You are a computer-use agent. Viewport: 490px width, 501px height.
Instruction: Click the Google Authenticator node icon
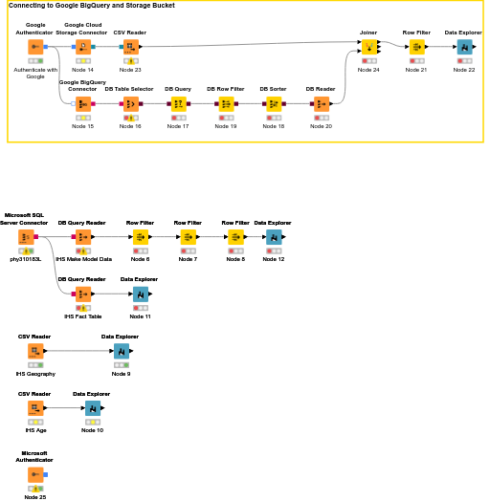34,46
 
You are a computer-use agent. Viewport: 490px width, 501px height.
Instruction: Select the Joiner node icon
368,46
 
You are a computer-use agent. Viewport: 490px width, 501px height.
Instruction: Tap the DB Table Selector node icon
130,103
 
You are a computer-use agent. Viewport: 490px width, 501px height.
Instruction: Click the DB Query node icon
178,103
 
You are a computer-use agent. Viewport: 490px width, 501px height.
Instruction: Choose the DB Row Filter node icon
226,103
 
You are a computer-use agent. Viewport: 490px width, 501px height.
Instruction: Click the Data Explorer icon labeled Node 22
464,46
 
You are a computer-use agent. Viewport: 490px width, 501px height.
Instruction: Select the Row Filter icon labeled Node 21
416,46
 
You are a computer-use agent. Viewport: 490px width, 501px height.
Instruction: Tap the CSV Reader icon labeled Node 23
130,46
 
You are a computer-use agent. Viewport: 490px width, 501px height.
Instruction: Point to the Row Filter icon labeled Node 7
188,236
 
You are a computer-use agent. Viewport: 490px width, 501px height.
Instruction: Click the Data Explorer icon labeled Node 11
140,294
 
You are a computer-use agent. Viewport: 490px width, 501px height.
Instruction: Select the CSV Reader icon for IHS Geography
34,351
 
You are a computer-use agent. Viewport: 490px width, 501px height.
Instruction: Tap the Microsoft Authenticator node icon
34,473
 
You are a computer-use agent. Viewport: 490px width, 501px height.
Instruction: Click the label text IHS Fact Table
82,316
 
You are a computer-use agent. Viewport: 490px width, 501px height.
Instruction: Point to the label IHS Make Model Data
83,259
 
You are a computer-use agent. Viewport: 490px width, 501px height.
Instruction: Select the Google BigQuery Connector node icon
82,103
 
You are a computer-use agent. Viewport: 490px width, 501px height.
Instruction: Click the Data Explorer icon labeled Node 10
92,408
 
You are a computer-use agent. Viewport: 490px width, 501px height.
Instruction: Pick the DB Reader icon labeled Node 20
321,103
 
